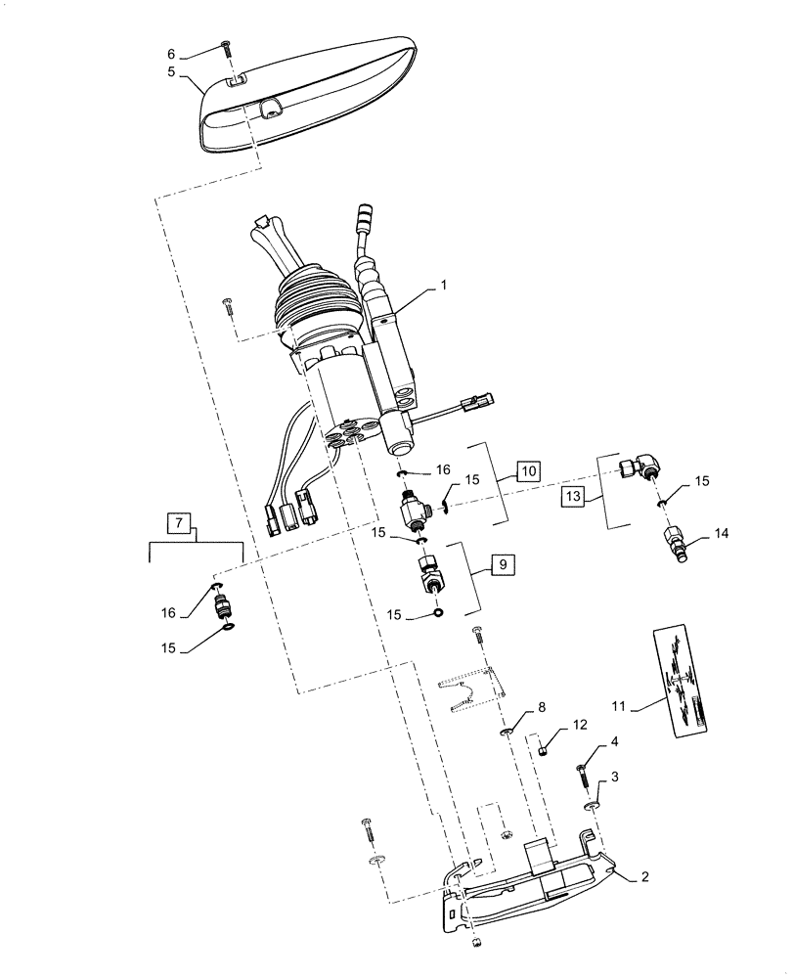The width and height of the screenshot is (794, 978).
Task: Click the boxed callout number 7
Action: pos(179,523)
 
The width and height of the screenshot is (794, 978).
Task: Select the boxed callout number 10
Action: pos(527,471)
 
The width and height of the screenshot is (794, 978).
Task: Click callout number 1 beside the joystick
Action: pos(445,286)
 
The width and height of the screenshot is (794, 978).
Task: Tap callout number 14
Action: pos(722,534)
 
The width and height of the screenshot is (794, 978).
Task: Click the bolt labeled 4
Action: pos(584,778)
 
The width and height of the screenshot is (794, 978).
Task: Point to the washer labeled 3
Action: pos(594,806)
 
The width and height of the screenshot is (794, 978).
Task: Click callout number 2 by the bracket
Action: pos(644,878)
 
